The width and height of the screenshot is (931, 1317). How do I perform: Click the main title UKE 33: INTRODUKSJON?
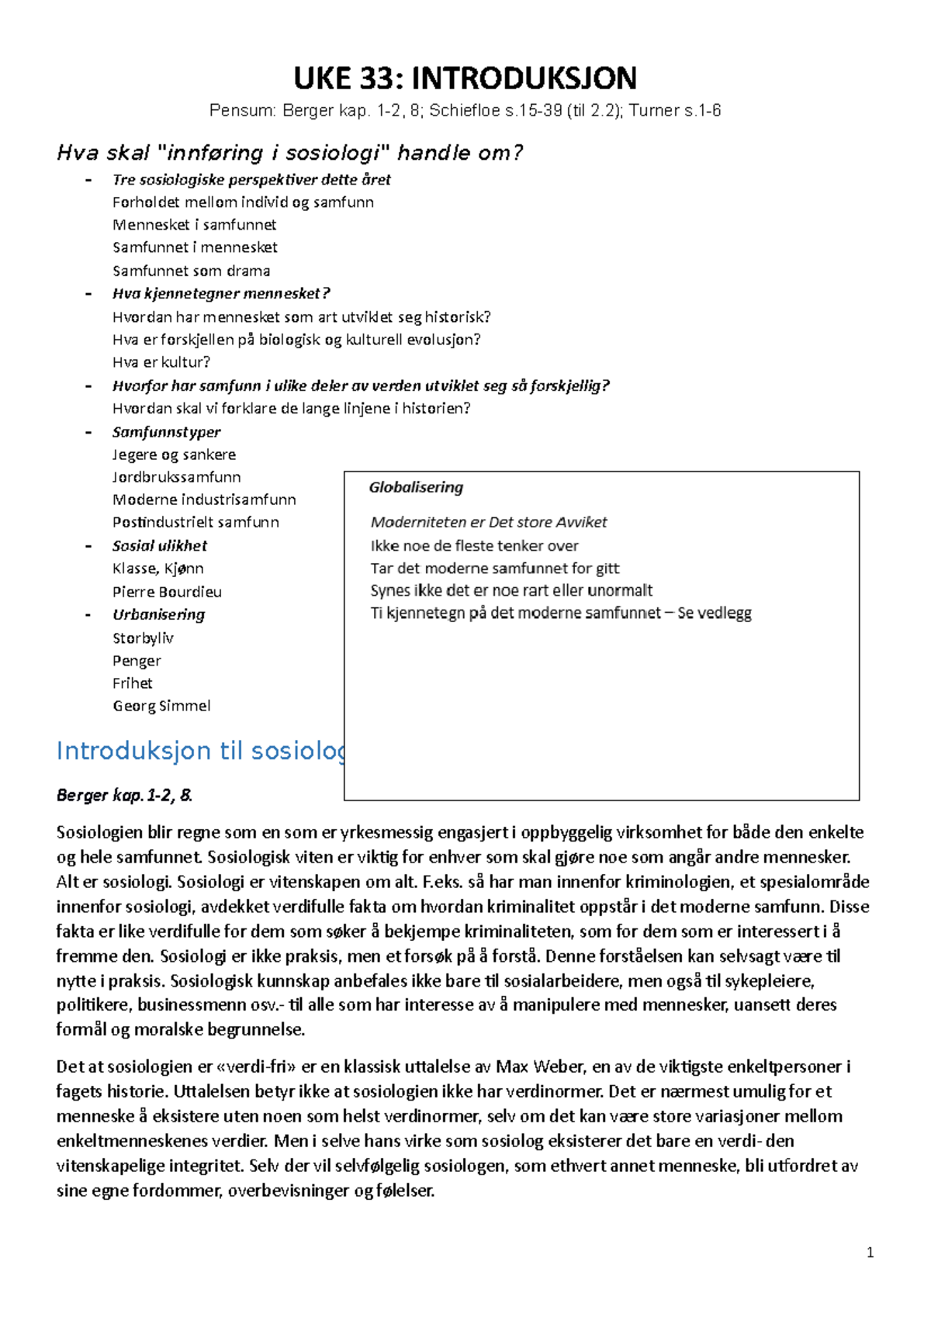click(x=465, y=78)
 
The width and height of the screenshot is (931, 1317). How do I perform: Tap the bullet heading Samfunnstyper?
click(x=166, y=432)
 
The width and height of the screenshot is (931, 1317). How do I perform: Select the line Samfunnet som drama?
click(x=191, y=271)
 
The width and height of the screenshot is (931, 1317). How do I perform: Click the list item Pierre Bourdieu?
click(x=167, y=592)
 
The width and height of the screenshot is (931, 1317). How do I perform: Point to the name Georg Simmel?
click(x=161, y=706)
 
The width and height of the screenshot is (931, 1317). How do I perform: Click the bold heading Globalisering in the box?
click(x=416, y=487)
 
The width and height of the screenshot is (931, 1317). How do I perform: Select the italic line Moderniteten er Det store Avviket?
click(x=488, y=522)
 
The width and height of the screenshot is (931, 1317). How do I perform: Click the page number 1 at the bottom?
click(x=870, y=1252)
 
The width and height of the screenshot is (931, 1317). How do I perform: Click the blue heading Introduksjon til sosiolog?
click(x=200, y=751)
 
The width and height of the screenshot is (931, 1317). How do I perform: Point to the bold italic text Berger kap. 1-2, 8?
click(x=124, y=795)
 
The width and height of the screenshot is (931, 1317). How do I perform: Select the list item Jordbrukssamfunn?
click(x=176, y=477)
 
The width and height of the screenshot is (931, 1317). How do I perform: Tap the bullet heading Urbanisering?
click(x=158, y=614)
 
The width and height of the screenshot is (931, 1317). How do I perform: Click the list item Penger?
click(x=137, y=661)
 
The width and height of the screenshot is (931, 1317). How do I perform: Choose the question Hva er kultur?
click(x=161, y=362)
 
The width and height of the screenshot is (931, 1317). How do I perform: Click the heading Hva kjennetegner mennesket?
click(x=221, y=293)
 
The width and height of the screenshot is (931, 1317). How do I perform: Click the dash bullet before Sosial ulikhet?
click(x=88, y=546)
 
